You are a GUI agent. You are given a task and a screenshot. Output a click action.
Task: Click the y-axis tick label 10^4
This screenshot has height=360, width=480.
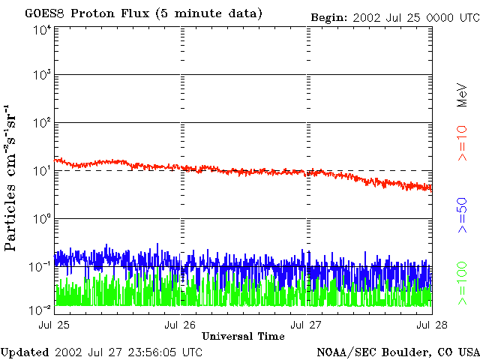pos(41,30)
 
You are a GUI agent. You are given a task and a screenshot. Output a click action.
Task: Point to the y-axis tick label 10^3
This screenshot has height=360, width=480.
pos(41,76)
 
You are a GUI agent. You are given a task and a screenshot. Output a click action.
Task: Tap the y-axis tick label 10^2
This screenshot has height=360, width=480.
pos(41,123)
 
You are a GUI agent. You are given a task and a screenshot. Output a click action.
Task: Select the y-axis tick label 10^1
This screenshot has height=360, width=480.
pos(41,171)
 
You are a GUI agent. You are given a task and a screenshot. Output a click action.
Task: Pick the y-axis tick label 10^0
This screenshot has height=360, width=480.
pos(41,219)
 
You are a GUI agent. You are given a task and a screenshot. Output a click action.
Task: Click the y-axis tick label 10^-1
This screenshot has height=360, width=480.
pos(40,266)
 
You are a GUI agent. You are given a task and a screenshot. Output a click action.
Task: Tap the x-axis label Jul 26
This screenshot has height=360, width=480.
pos(181,325)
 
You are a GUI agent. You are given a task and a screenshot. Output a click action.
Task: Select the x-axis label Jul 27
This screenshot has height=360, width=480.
pos(305,325)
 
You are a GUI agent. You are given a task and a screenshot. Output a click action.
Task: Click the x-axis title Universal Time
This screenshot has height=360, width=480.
pos(243,336)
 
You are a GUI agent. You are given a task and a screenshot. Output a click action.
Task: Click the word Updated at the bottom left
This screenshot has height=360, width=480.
pos(24,352)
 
